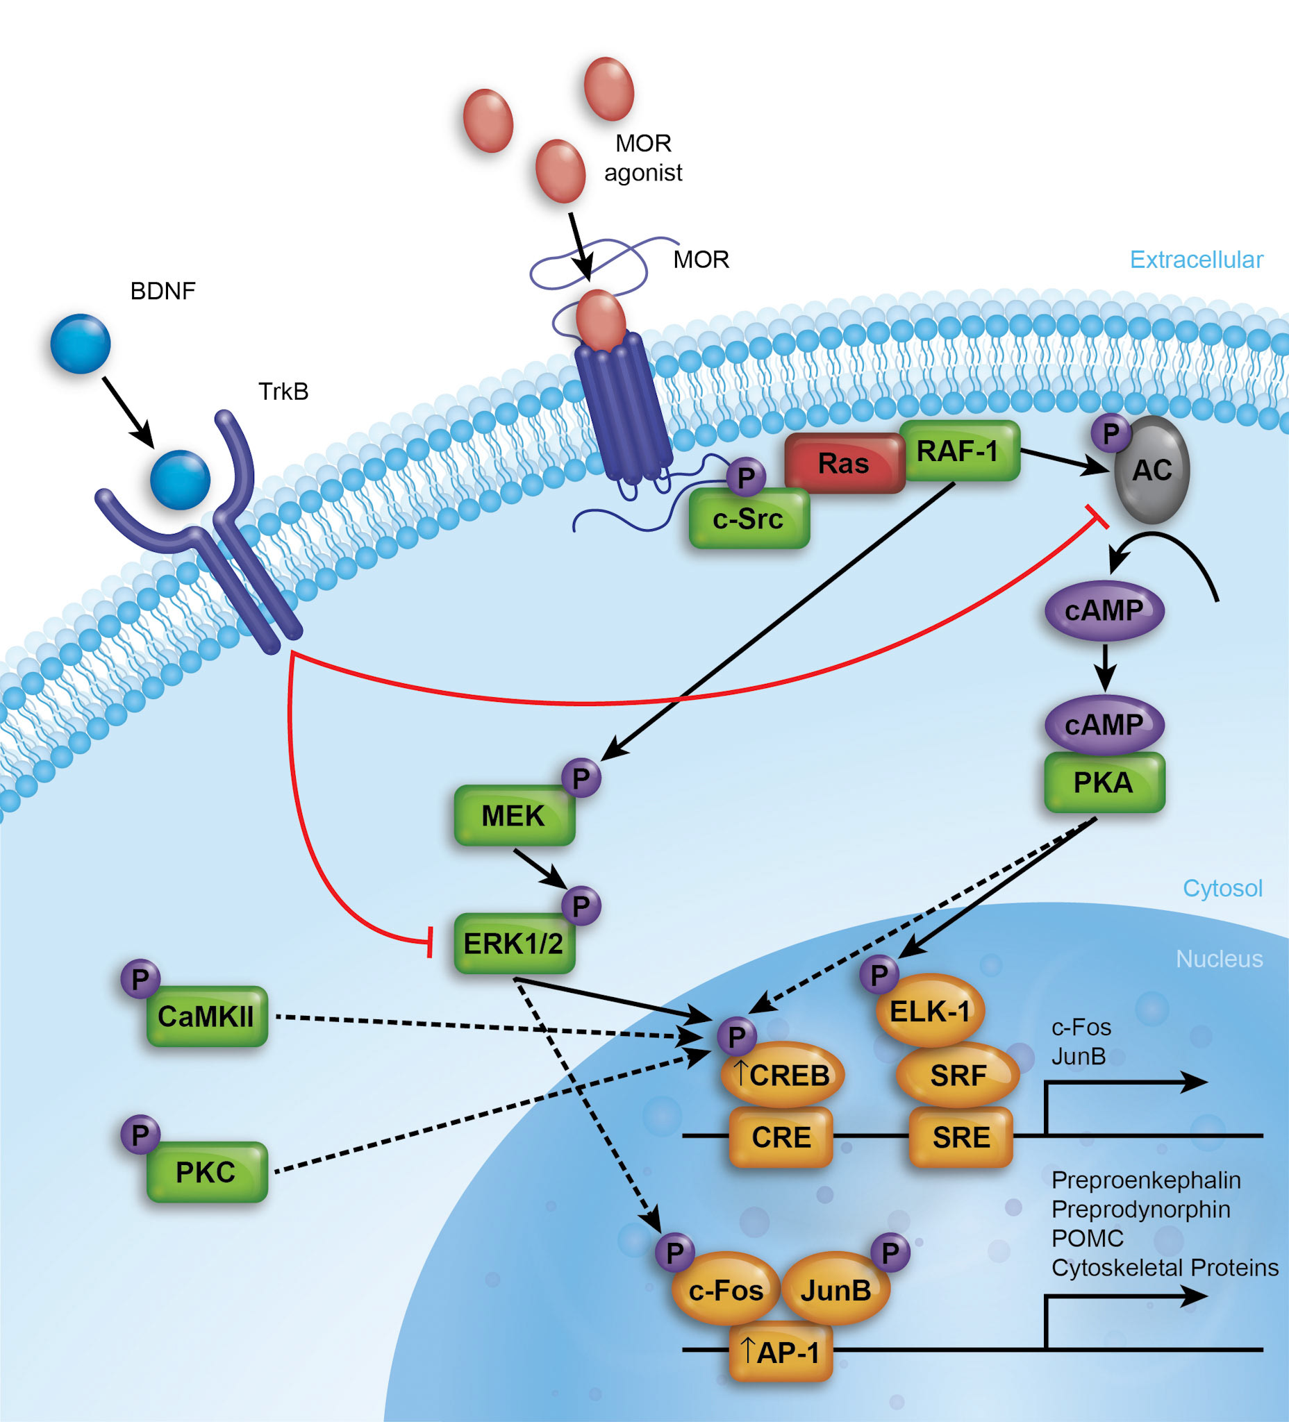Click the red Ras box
[844, 463]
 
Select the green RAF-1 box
[960, 451]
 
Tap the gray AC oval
[1152, 471]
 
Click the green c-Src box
[749, 519]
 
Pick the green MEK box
[514, 816]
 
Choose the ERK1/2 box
[514, 944]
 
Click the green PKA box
[1104, 783]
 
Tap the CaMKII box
[207, 1017]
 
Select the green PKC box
[207, 1172]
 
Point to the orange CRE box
[781, 1137]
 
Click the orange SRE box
[961, 1137]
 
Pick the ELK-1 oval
[930, 1012]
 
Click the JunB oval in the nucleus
[836, 1290]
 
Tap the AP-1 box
[781, 1352]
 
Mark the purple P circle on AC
[1111, 434]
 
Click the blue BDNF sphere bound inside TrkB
[180, 480]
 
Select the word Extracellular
[1196, 260]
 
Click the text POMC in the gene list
[1086, 1238]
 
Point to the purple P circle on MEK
[581, 779]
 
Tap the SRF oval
[958, 1075]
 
